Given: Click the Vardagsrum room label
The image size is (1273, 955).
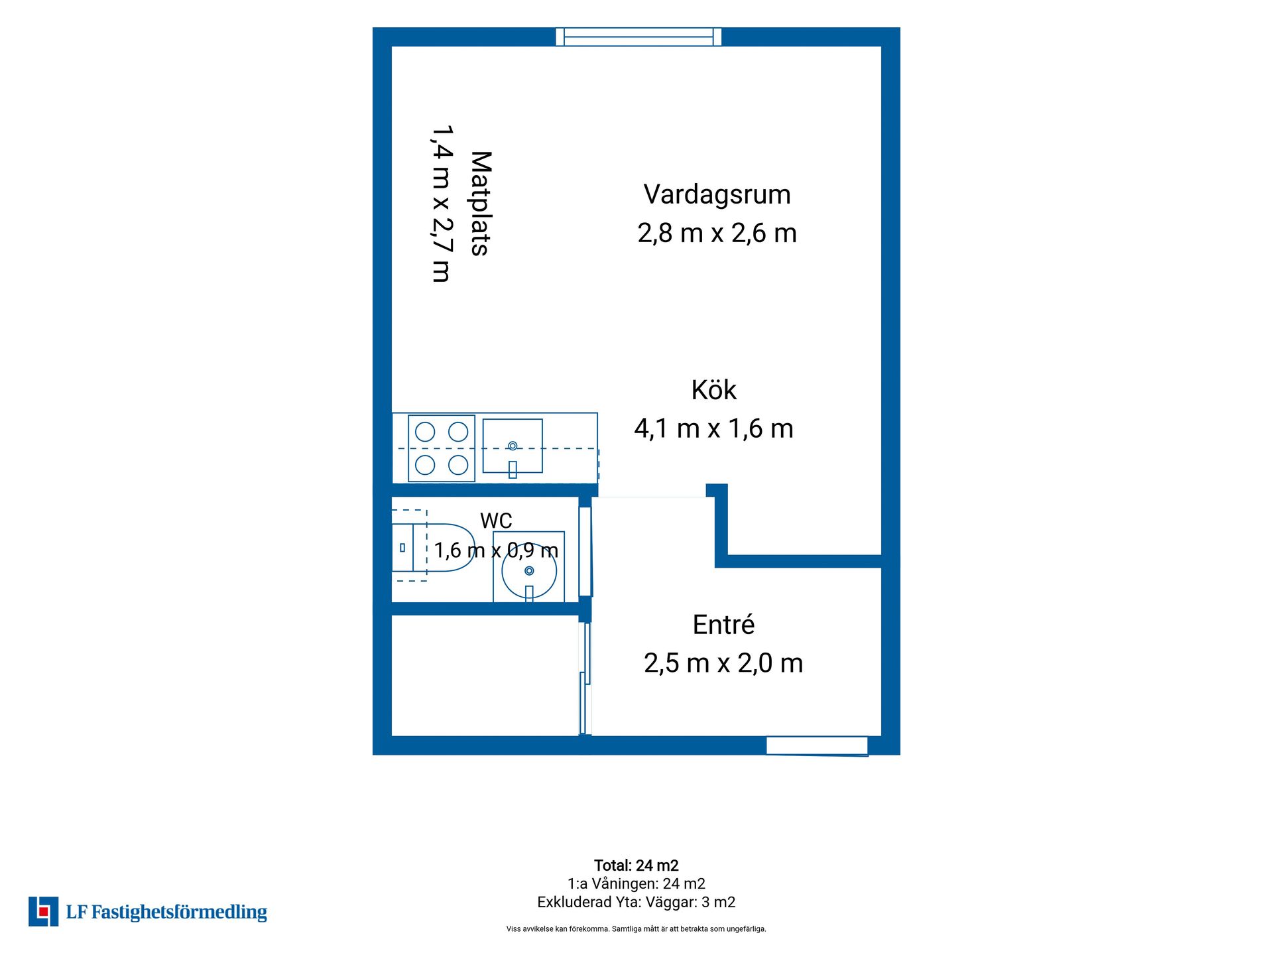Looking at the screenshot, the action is point(717,194).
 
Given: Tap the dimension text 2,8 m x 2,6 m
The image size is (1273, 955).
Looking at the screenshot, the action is point(717,233).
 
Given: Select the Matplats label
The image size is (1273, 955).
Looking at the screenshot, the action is point(481,204).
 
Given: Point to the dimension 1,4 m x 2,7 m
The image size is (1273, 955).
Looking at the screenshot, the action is point(442,204).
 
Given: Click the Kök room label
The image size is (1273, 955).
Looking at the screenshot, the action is point(713,390).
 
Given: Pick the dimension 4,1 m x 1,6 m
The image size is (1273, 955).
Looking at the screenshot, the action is point(713,429).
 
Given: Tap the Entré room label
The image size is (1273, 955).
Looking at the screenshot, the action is point(723,625).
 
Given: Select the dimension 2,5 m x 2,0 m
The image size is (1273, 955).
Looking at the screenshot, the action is point(723,663).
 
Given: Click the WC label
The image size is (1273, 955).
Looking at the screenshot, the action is point(496,521).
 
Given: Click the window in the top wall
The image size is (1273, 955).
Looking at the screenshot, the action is point(638,36).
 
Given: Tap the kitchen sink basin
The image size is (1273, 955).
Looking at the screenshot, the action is point(513,446).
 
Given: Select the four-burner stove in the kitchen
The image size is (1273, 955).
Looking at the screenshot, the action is point(442,448).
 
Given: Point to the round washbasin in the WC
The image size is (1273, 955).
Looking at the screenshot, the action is point(529,570).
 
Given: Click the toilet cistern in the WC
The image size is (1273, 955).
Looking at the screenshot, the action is point(402,548).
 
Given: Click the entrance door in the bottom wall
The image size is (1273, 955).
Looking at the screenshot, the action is point(817,746).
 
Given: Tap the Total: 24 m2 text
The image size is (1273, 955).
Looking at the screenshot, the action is point(636,865).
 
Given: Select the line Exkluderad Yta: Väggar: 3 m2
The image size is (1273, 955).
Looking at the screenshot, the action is point(636,902).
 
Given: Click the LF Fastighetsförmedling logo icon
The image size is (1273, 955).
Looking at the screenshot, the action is point(43,911).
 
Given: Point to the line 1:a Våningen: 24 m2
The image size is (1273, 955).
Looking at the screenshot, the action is point(636,883).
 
